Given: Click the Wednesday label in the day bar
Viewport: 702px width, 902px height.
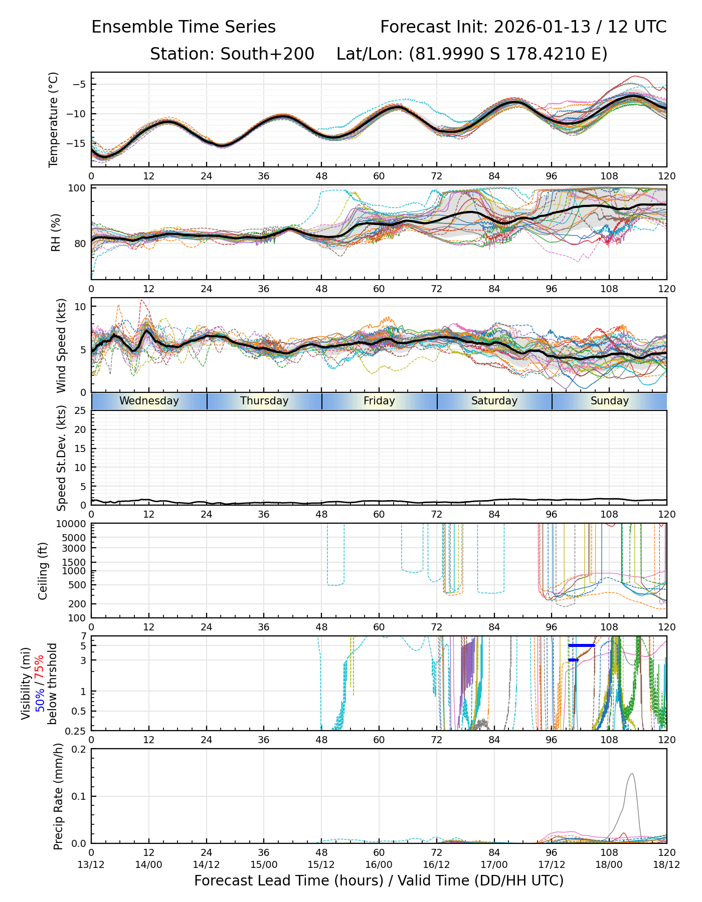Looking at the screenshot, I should [x=149, y=401].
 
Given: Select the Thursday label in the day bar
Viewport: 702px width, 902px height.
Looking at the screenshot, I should [x=264, y=401].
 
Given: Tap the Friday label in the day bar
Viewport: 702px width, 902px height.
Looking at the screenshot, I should [x=379, y=401].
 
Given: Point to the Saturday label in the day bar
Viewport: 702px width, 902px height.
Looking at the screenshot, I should [x=494, y=401].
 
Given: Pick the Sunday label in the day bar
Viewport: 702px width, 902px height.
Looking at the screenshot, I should [x=609, y=401].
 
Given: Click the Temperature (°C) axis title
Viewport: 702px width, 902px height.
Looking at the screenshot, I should [x=54, y=119].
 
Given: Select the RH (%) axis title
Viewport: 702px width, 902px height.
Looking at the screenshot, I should [x=56, y=232].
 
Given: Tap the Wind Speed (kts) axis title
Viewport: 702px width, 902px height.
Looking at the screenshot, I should [x=61, y=345].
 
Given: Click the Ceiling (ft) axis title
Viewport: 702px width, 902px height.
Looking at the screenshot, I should [x=43, y=571].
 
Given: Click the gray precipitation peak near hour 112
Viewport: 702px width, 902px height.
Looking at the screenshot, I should [x=631, y=774].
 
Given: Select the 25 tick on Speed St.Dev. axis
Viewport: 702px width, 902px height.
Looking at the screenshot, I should [x=79, y=411].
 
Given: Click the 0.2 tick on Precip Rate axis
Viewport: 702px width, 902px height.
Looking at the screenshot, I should [x=79, y=749].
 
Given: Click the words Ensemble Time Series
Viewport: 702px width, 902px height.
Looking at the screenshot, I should [x=184, y=27].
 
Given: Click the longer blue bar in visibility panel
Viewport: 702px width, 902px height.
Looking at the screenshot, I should [x=582, y=645].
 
